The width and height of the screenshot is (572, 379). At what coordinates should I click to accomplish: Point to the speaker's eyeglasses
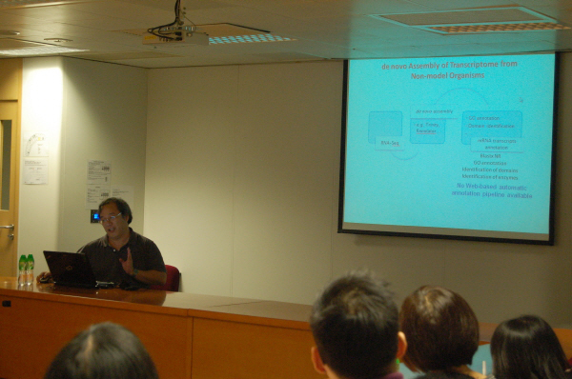point(112,218)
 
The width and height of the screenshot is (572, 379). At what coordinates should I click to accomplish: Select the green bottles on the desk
point(26,269)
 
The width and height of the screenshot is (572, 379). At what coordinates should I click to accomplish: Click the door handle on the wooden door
point(9,229)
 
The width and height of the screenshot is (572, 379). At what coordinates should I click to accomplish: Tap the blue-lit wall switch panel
point(94,216)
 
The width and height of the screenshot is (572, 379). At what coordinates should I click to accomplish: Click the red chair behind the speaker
point(172,277)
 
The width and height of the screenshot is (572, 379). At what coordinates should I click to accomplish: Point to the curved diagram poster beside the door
point(35,146)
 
